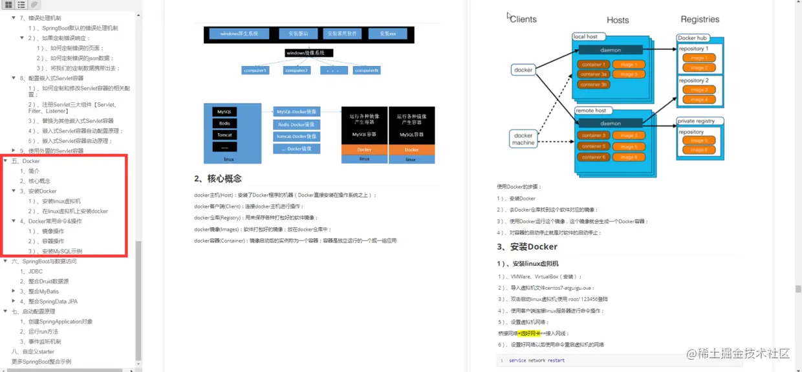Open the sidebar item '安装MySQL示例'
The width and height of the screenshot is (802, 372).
point(62,251)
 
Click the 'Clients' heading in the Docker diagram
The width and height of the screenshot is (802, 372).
point(523,19)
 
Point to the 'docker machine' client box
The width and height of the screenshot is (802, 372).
point(523,140)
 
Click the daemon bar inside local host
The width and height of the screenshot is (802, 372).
point(611,50)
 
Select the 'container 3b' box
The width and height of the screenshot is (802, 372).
point(593,85)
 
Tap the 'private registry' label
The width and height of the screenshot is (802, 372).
point(696,121)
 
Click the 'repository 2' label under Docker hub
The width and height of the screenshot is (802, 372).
point(693,81)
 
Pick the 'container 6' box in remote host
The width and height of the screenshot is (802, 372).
point(593,157)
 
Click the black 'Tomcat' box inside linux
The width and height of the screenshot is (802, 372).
point(224,135)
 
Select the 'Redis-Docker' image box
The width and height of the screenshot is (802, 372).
point(297,124)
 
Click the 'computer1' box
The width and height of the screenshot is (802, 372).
point(255,70)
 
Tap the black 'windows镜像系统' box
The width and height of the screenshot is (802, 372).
point(305,53)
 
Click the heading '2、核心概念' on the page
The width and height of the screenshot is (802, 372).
point(218,179)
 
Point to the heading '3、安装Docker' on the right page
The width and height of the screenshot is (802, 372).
point(527,246)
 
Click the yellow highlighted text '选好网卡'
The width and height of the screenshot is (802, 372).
point(529,333)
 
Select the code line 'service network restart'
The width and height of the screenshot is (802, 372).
point(536,360)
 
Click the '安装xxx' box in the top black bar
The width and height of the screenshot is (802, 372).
point(387,34)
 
